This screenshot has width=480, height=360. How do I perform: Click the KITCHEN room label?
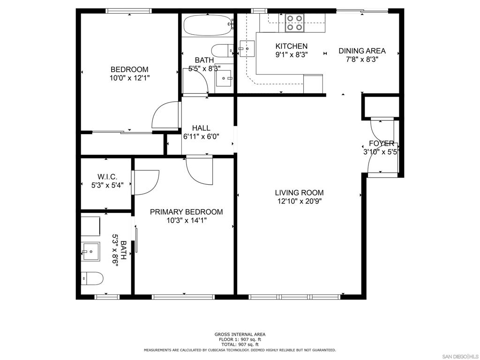[x=291, y=46]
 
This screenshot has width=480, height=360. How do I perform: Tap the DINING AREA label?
[x=362, y=51]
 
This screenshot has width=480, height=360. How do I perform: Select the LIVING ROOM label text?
[x=299, y=193]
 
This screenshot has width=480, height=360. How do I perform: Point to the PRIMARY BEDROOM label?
[x=186, y=212]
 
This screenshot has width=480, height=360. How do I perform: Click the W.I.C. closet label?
[x=107, y=177]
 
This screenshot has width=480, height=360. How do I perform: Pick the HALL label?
[x=201, y=128]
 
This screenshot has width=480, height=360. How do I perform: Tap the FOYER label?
[x=382, y=143]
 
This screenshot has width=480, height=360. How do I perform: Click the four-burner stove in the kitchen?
[x=294, y=23]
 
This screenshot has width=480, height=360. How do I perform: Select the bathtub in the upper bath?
[x=208, y=25]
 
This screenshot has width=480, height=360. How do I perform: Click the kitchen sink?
[x=247, y=48]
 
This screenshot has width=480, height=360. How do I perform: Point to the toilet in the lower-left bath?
[x=92, y=278]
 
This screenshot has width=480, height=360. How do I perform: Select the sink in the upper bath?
[x=224, y=79]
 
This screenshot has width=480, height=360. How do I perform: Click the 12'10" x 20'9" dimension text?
[x=299, y=202]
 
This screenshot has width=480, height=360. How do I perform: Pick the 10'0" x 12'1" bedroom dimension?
[x=129, y=78]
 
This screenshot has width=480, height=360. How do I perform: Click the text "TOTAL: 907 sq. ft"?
[x=240, y=345]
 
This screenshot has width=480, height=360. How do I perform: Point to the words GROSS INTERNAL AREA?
[x=240, y=334]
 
